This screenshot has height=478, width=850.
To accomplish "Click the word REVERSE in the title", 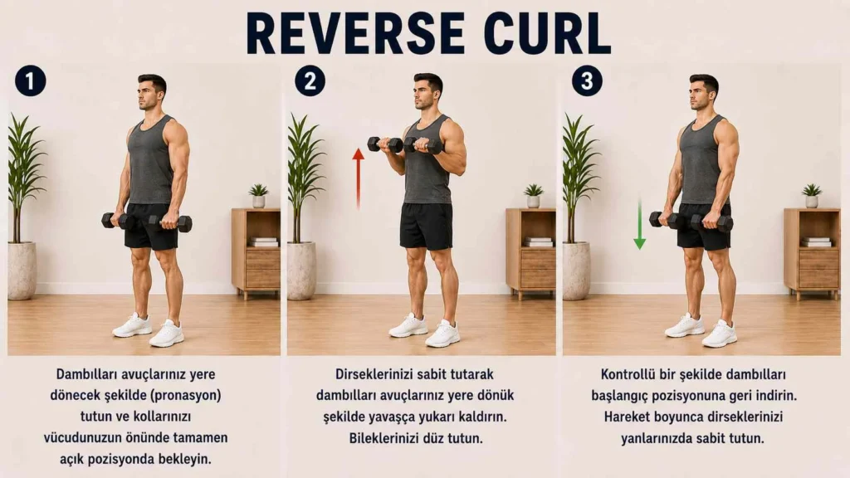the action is pos(355,33).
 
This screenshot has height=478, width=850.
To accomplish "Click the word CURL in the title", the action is pos(547,33).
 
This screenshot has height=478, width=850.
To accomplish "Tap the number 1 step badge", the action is pos(31,81).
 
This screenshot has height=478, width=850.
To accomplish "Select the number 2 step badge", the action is pos(310,81).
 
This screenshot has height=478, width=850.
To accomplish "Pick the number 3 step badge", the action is pos(587,81).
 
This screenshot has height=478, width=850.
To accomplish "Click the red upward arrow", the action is pos(358,179).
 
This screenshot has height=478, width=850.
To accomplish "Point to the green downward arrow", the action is pos(640,224).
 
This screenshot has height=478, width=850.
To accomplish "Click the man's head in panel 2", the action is pos(427,91).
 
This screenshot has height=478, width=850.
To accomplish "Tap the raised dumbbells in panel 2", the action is pos(405,144).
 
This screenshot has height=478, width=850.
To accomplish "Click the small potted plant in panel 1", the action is pos(259,196).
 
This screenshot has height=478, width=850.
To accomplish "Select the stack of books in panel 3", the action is pos(817,241).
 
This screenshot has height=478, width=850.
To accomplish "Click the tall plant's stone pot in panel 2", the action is pos(301,271).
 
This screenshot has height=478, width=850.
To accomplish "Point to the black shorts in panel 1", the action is pos(151,226).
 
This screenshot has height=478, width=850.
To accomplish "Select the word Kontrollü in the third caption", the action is pos(628,374).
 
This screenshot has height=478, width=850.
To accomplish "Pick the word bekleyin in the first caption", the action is pos(184,459).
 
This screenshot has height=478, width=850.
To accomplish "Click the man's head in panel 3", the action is pos(703,92).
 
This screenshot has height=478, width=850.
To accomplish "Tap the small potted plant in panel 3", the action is pos(812,196).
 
